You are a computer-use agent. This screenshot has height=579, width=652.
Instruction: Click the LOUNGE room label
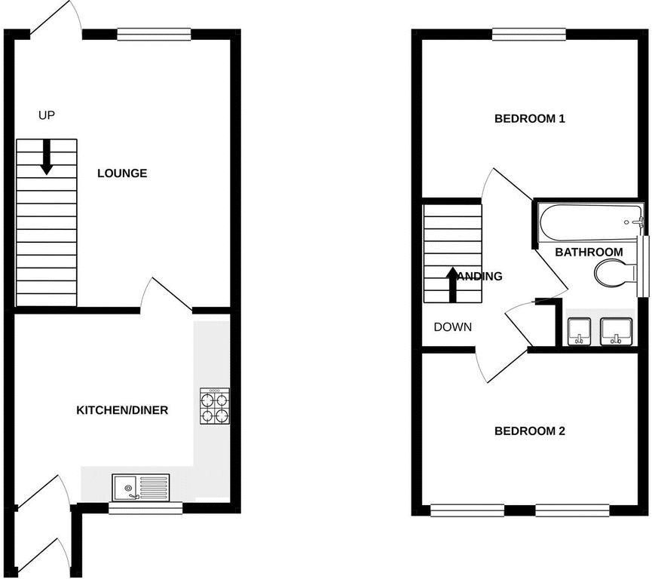122,173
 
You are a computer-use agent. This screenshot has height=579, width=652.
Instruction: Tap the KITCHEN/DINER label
122,411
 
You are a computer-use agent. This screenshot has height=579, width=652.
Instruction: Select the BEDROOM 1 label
530,118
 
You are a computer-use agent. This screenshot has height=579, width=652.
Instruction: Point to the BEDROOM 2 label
530,431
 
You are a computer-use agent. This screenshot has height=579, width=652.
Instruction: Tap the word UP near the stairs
47,115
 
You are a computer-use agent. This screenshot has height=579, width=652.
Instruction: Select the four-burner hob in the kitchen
215,407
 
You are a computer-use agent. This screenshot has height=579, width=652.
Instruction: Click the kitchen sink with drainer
142,488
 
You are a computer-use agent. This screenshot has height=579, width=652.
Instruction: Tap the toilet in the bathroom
613,253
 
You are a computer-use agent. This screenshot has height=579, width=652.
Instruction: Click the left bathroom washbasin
580,308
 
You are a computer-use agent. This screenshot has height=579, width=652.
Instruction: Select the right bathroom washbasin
615,308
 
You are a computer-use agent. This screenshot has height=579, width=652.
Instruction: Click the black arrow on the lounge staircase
47,157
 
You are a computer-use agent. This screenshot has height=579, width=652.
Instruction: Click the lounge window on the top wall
154,33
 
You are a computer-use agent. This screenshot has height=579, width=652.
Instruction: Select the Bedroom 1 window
528,33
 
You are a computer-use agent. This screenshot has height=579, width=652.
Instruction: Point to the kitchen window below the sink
145,508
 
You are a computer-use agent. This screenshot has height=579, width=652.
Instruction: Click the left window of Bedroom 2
467,510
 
